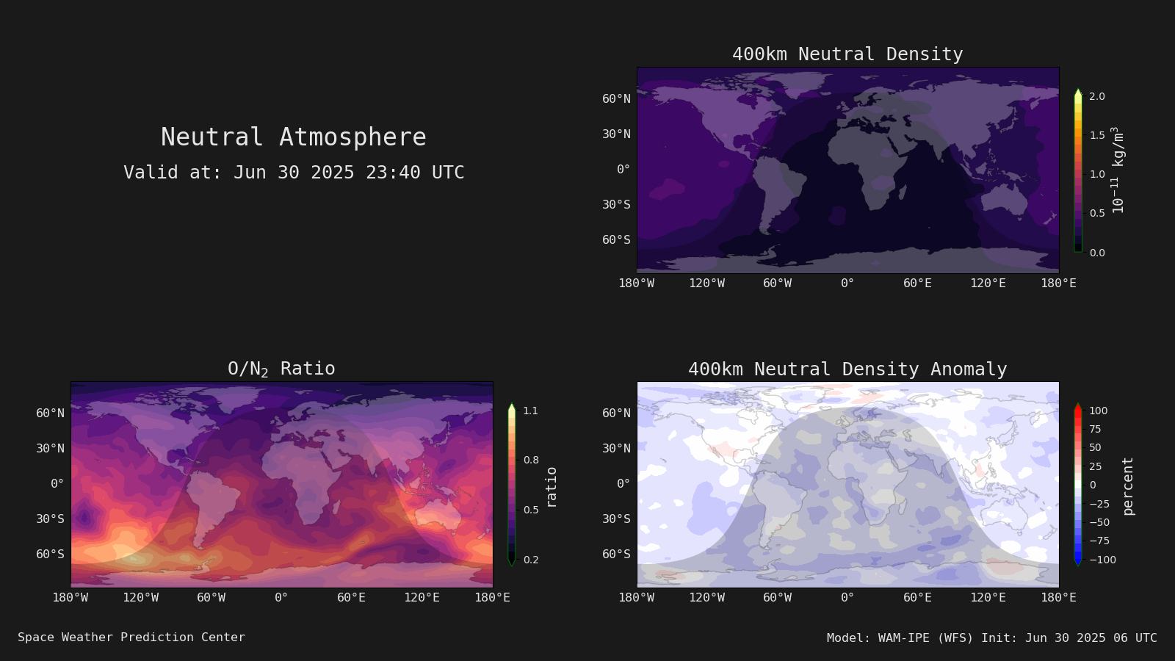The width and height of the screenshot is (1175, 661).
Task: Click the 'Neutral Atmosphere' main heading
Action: point(293,137)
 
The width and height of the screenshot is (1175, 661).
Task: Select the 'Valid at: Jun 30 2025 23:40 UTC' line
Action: point(294,172)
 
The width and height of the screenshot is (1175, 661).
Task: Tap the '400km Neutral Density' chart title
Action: point(847,54)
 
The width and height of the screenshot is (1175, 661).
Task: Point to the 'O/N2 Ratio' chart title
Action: point(281,369)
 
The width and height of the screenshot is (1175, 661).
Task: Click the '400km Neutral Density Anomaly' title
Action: point(847,369)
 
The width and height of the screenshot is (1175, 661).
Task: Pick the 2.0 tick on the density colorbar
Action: point(1097,96)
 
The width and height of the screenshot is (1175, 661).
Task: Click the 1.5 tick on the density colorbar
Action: point(1097,135)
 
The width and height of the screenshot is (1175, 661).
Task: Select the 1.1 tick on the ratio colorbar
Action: point(530,411)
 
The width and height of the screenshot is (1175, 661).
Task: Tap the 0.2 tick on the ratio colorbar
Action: point(531,560)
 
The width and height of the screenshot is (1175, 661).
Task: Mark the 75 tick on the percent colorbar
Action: point(1095,429)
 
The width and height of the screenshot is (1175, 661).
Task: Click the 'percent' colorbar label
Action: point(1128,486)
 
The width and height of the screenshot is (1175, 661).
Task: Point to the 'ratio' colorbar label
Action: point(551,488)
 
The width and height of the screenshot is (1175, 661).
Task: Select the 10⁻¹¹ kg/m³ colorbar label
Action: point(1118,170)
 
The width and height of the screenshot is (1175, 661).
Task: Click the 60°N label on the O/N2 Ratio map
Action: point(51,413)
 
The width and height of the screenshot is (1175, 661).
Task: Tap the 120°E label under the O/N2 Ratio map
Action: point(422,598)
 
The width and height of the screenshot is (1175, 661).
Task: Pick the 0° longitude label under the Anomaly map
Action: point(847,598)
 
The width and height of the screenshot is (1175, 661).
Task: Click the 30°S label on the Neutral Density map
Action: point(616,205)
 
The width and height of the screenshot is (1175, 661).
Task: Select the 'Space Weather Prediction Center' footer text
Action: point(131,637)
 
